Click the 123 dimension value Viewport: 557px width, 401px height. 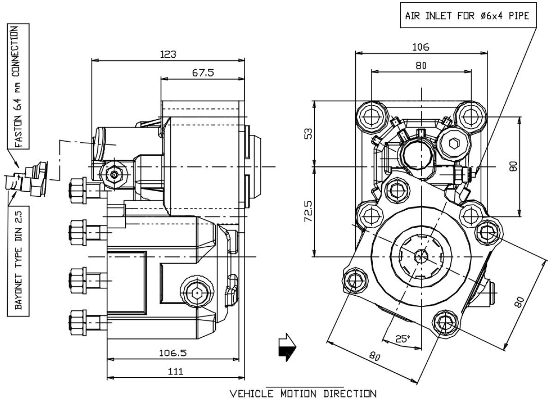(x=168, y=54)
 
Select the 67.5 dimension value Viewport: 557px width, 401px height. (x=203, y=73)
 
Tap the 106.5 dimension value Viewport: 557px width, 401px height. (x=173, y=353)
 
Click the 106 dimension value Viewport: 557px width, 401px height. (x=421, y=47)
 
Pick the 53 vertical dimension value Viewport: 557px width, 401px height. (x=308, y=133)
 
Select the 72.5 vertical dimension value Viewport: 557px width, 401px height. (x=308, y=211)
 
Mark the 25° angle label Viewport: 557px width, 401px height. (x=402, y=339)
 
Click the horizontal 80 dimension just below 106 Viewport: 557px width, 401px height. (x=421, y=66)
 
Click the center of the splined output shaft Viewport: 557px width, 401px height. (x=420, y=255)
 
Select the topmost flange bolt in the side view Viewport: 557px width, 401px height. (x=77, y=189)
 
